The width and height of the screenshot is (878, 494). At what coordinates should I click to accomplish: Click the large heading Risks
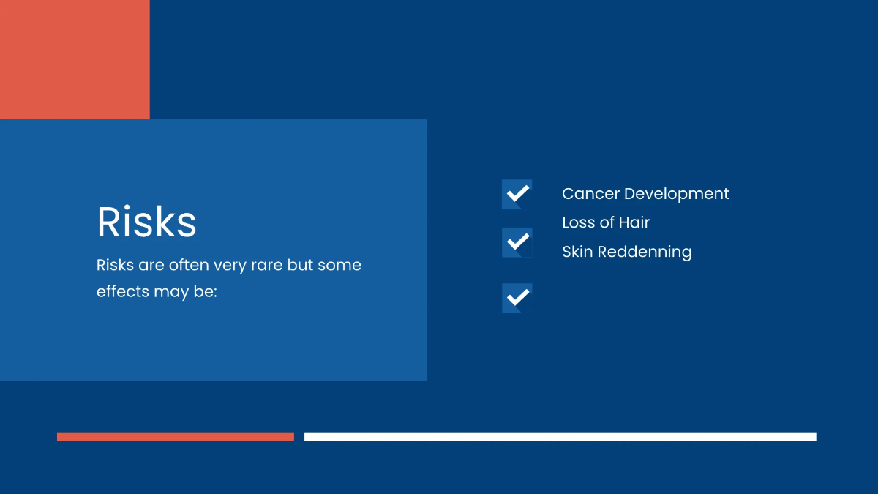click(146, 222)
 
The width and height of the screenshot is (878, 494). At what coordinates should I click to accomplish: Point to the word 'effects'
click(123, 291)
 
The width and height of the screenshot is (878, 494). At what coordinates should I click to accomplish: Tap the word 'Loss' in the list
click(578, 222)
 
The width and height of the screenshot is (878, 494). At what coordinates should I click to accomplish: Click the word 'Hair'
click(634, 222)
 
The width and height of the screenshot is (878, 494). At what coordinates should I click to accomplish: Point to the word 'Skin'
click(577, 252)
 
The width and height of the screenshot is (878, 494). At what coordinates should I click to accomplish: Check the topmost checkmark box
click(517, 194)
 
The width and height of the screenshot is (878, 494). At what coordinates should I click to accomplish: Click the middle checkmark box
click(517, 242)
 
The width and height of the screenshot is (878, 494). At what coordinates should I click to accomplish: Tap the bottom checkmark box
click(517, 298)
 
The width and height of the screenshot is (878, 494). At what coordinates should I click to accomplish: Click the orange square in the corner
click(75, 59)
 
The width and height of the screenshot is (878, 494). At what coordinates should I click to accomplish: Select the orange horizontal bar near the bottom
click(176, 436)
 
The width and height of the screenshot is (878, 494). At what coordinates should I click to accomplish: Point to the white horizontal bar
click(560, 436)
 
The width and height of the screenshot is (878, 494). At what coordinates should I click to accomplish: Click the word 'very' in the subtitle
click(230, 265)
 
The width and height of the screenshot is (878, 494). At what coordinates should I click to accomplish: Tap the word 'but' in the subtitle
click(299, 265)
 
